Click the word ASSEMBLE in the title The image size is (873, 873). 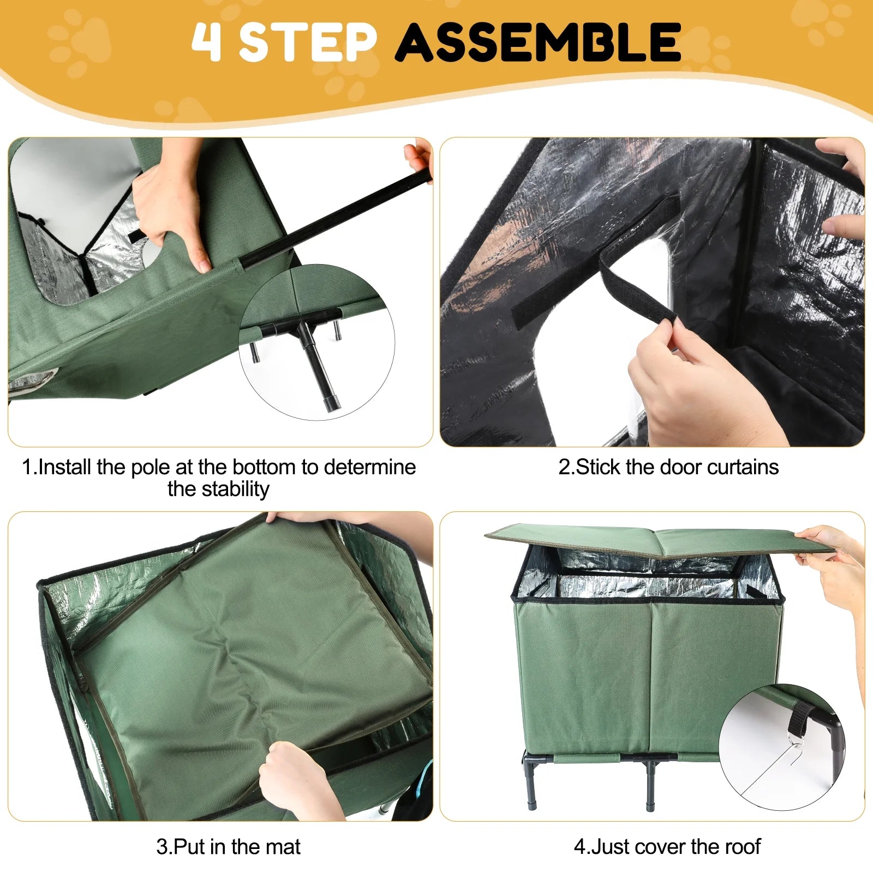point(538,42)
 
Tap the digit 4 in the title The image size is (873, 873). point(207,42)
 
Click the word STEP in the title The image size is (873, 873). point(308,42)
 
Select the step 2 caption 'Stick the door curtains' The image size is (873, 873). point(668,467)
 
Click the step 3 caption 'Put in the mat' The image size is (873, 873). point(228,847)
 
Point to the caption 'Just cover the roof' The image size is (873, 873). point(667,847)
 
